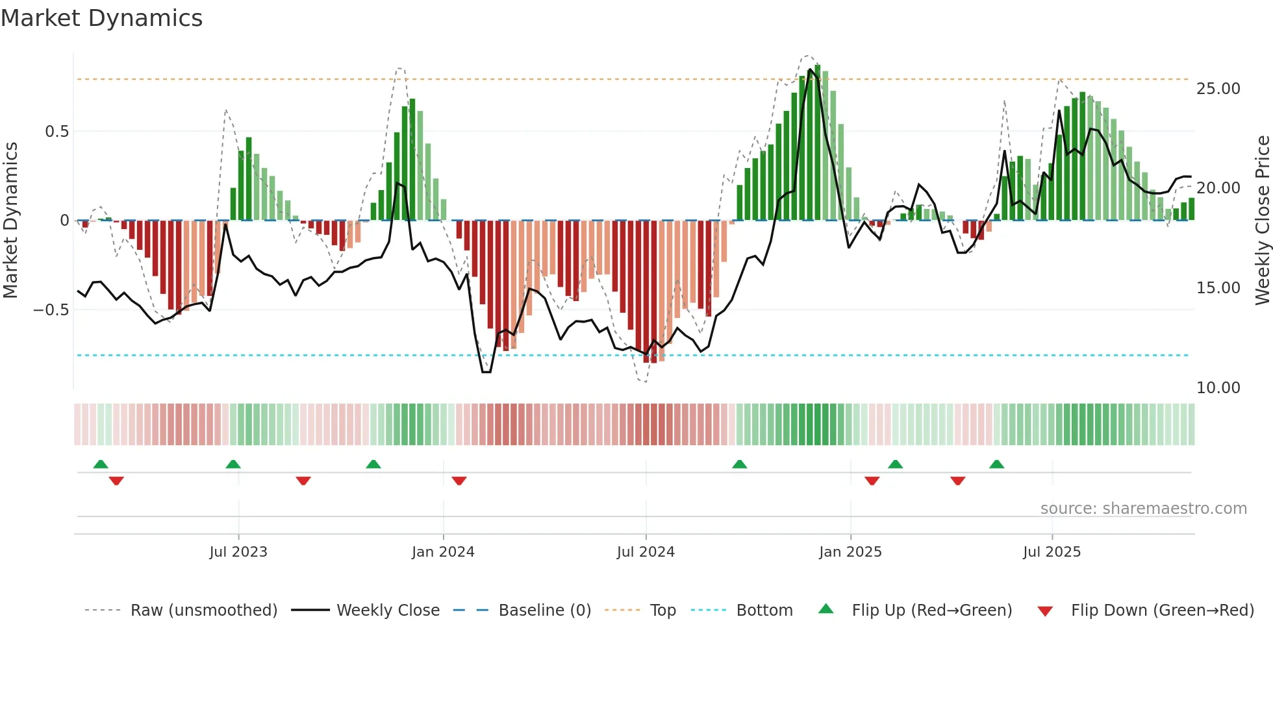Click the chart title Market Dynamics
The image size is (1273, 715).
pyautogui.click(x=101, y=18)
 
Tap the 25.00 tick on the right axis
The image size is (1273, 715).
pyautogui.click(x=1218, y=89)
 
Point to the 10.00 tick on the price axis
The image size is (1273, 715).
pyautogui.click(x=1218, y=388)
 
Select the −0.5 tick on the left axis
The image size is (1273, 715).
pyautogui.click(x=51, y=310)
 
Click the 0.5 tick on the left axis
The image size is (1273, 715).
pyautogui.click(x=57, y=132)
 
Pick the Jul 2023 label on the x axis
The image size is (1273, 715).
pyautogui.click(x=238, y=552)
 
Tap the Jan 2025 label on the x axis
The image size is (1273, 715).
pyautogui.click(x=850, y=552)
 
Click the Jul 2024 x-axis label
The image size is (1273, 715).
pyautogui.click(x=646, y=552)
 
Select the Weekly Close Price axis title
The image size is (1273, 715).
pyautogui.click(x=1262, y=220)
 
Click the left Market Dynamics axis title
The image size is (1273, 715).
pyautogui.click(x=10, y=220)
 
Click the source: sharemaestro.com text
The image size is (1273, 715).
pyautogui.click(x=1143, y=509)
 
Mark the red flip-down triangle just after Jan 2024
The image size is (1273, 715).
pyautogui.click(x=459, y=481)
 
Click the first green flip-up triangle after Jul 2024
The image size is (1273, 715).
pyautogui.click(x=739, y=464)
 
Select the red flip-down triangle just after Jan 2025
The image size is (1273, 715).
pyautogui.click(x=872, y=481)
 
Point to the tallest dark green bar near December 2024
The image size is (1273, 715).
pyautogui.click(x=818, y=143)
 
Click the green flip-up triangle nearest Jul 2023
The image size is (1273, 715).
pyautogui.click(x=233, y=464)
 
